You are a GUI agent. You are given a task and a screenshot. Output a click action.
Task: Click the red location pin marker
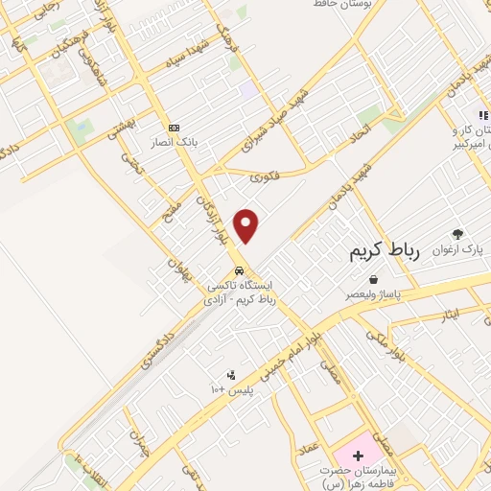tap(247, 225)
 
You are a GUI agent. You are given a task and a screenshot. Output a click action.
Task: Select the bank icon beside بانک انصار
tap(174, 128)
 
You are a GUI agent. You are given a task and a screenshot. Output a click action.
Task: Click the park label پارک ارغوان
tap(457, 249)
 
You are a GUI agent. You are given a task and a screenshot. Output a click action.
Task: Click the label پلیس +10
tap(231, 390)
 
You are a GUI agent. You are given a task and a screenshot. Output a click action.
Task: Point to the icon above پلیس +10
tap(231, 375)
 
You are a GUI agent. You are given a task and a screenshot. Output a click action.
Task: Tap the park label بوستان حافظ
tap(345, 5)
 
